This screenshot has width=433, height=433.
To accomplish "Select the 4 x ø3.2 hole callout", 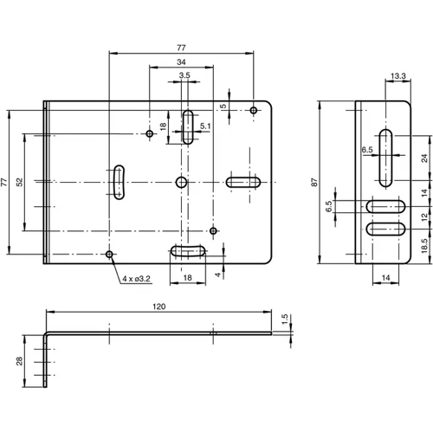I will pos(136,279).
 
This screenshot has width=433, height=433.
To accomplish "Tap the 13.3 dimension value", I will pos(398,77).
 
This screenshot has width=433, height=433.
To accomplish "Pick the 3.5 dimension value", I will pos(184,77).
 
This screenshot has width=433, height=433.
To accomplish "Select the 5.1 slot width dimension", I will pos(205,126).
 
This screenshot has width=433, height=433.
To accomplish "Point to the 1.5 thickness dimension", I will pos(285,318).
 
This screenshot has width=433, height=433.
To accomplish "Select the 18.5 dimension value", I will pos(423,246).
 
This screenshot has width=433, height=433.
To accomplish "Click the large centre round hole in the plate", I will pos(181,182).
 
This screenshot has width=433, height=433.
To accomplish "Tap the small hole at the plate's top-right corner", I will pos(253,110).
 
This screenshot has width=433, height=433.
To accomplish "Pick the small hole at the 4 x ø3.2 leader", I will pos(109,254).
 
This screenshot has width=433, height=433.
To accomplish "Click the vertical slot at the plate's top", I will pos(187,126).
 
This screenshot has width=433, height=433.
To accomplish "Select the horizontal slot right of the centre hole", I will pos(245,182).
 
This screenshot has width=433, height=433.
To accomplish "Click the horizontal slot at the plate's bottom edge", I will pos(188,251).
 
